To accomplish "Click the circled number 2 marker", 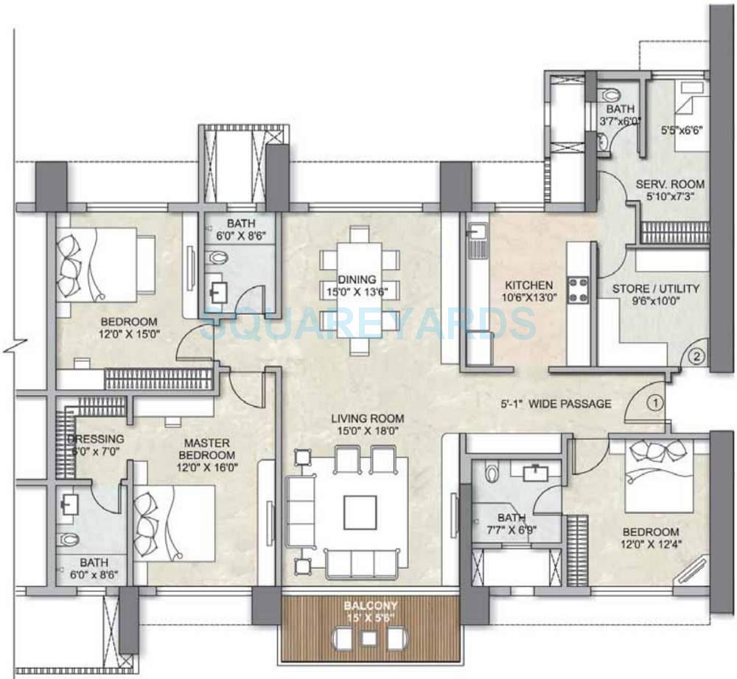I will coord(697,358).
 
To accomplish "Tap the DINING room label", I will coord(357,279).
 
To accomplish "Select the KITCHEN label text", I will coord(528,285).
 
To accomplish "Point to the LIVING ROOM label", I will coord(366,419).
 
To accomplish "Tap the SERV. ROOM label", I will coord(671,184).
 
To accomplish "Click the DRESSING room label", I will coord(96,439).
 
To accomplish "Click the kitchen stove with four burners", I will coord(577,288).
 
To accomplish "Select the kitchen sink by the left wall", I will coord(475,234).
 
